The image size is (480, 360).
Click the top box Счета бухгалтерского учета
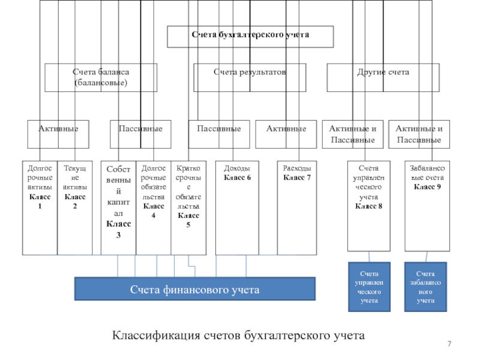click(250, 36)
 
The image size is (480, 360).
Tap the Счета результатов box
click(250, 77)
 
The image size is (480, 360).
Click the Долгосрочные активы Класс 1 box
click(40, 207)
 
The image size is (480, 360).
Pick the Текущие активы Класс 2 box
click(75, 207)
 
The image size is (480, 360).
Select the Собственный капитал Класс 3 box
click(118, 207)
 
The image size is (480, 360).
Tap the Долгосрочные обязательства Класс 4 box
click(154, 207)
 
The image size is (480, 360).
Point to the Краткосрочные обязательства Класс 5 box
click(188, 207)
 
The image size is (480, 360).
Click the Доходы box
click(238, 207)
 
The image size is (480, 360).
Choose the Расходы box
click(297, 207)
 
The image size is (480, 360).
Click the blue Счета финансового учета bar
click(195, 289)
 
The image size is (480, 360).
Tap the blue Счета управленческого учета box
click(368, 287)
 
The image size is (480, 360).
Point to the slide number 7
click(449, 342)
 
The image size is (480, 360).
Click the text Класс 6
click(238, 178)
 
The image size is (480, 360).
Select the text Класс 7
click(297, 178)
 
